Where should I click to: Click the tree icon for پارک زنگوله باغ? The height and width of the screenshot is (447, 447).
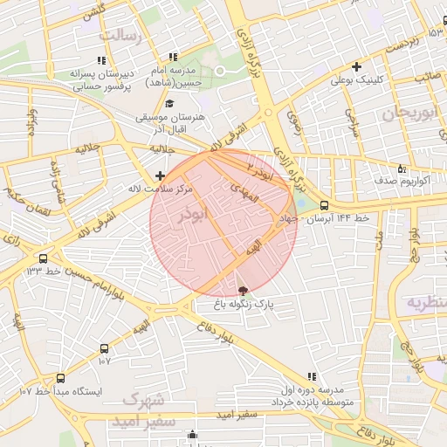[243, 290]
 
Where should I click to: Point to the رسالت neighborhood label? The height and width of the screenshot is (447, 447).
[120, 35]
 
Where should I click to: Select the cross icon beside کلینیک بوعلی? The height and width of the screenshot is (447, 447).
[356, 65]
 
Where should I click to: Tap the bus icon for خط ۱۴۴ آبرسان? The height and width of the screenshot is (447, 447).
[325, 205]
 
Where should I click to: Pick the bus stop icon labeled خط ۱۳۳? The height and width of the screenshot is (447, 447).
[44, 258]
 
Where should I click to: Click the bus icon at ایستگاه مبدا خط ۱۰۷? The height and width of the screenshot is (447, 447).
[60, 377]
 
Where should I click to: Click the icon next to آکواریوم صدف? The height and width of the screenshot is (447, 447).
[401, 168]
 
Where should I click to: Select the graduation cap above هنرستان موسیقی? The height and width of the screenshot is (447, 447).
[168, 104]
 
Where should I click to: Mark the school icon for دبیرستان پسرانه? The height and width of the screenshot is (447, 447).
[101, 61]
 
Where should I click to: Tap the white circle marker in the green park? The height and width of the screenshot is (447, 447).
[220, 71]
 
